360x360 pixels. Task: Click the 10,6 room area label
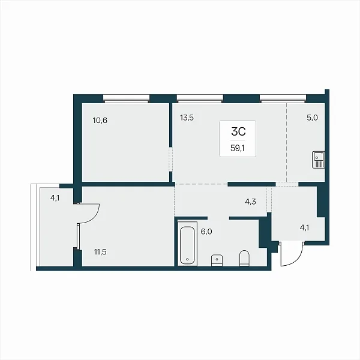tap(100, 121)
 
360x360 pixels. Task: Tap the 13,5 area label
tap(187, 118)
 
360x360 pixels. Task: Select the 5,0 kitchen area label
tap(312, 118)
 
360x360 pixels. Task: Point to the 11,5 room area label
tap(100, 252)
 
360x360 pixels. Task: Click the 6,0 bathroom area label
tap(206, 232)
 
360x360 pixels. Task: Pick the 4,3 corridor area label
tap(250, 202)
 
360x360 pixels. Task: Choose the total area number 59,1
tap(238, 148)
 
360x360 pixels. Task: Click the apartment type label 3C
tap(238, 131)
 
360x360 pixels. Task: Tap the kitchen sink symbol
tap(319, 160)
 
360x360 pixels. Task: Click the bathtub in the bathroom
tap(188, 244)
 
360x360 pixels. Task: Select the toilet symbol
tap(244, 258)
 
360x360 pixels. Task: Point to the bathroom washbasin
tap(217, 260)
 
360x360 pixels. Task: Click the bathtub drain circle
tap(187, 259)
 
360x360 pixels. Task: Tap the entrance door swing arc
tap(296, 260)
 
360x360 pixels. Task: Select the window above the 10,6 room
tap(126, 99)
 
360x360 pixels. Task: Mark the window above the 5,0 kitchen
tap(283, 99)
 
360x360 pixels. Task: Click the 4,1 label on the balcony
tap(55, 197)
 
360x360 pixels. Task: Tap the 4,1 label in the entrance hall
tap(304, 228)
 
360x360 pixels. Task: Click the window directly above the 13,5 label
tap(200, 99)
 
